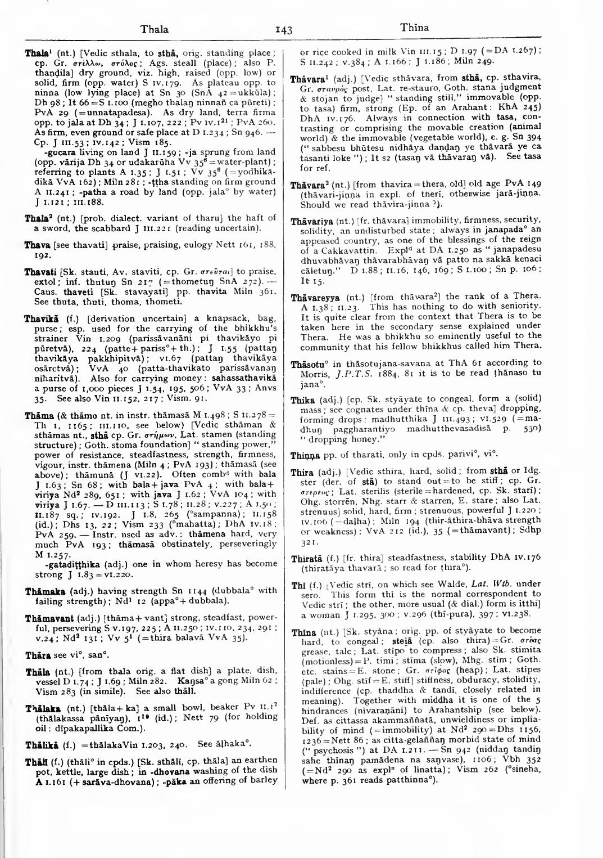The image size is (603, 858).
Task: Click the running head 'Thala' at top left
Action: pos(155,29)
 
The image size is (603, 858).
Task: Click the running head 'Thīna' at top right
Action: pos(414,28)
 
